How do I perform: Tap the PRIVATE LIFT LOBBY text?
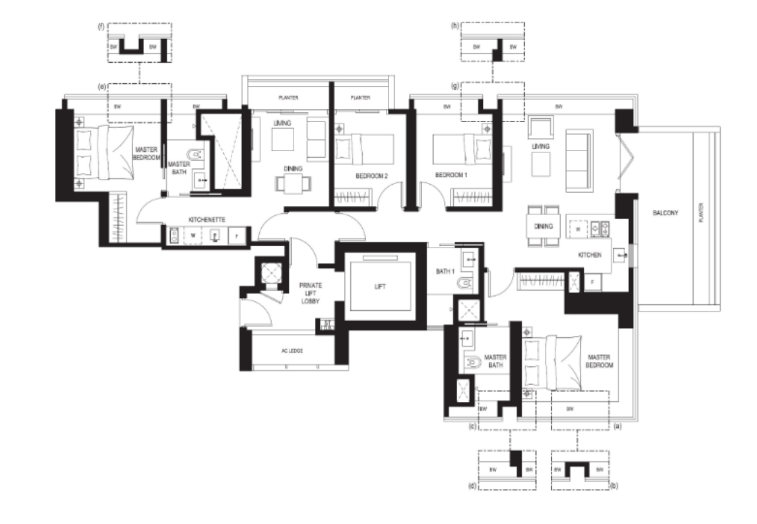[306, 293]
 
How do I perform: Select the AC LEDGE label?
[292, 350]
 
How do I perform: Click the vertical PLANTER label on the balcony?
[701, 211]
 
